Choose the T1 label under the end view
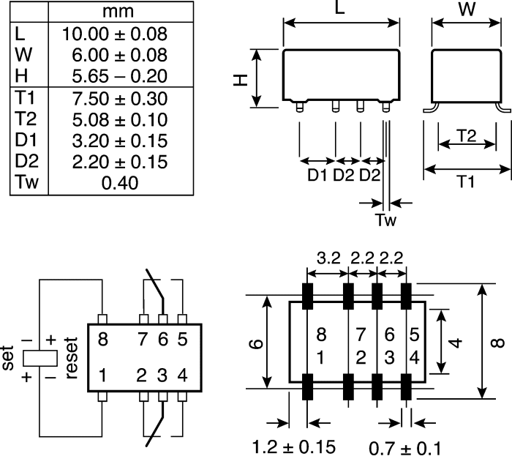(465, 182)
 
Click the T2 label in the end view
(467, 135)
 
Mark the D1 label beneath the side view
(317, 175)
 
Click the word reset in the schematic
(71, 357)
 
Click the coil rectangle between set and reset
(39, 358)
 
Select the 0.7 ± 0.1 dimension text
(404, 446)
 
